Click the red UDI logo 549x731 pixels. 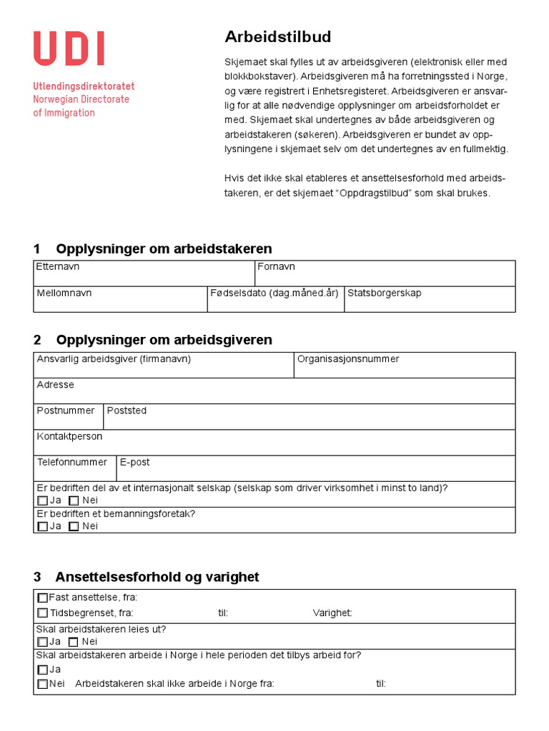[x=69, y=49]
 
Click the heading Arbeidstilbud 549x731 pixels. [x=268, y=37]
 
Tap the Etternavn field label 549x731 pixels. [x=58, y=267]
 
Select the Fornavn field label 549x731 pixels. [x=276, y=267]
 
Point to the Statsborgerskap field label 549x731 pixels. [x=384, y=293]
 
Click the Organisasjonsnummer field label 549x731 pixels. [x=348, y=359]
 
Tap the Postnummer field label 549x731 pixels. [x=66, y=410]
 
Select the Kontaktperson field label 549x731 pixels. [x=69, y=436]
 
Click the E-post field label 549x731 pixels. [x=135, y=462]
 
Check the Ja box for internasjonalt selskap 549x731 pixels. [x=43, y=500]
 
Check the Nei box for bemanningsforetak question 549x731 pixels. [x=74, y=526]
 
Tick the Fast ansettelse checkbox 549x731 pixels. [x=43, y=598]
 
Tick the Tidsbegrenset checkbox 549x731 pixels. [x=43, y=612]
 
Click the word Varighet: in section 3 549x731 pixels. [x=332, y=612]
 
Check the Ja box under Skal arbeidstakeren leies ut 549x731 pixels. [x=43, y=642]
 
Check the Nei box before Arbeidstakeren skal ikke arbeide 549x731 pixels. [x=43, y=684]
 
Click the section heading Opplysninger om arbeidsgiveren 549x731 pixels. [x=164, y=340]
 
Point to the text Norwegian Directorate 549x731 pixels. [x=81, y=99]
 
